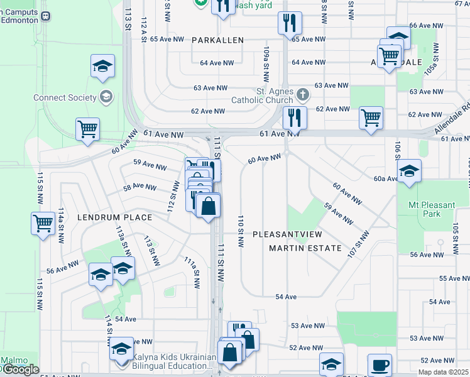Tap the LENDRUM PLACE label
[x=114, y=217]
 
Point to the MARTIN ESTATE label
[x=305, y=248]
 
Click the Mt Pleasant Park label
[x=433, y=209]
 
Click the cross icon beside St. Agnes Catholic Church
[x=303, y=95]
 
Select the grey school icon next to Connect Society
[x=106, y=97]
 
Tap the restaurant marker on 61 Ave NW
[x=293, y=117]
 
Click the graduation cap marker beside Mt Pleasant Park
[x=409, y=171]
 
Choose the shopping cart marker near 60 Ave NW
[x=87, y=129]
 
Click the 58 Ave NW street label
[x=140, y=187]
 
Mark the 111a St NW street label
[x=192, y=272]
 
